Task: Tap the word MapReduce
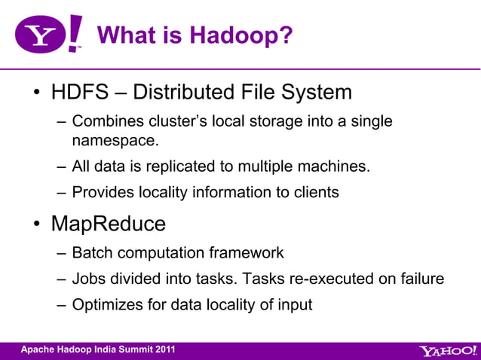108,224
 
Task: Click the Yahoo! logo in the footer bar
447,350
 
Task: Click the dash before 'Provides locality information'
61,193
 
